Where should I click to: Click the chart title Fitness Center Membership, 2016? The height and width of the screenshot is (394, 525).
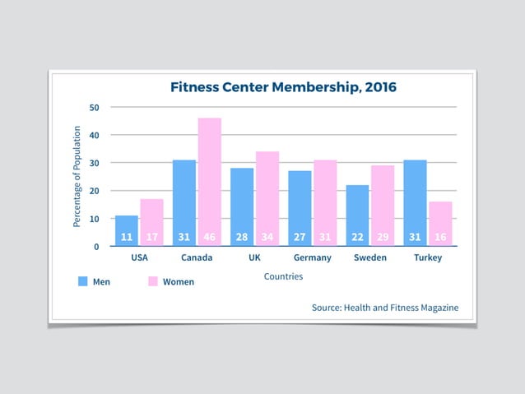(282, 86)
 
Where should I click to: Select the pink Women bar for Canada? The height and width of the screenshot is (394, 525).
(209, 181)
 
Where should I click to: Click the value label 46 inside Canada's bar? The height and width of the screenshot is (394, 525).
(209, 237)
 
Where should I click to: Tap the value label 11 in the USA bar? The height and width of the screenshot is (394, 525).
(127, 237)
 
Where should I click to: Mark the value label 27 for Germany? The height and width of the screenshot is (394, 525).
(300, 237)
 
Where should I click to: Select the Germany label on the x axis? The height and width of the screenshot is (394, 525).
(312, 257)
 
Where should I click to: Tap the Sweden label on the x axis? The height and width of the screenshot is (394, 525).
(369, 257)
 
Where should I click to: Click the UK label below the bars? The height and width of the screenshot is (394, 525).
(255, 257)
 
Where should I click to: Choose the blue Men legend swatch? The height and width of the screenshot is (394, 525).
(82, 281)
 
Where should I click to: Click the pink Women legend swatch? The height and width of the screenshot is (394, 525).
(152, 281)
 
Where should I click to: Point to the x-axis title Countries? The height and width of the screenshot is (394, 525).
(283, 276)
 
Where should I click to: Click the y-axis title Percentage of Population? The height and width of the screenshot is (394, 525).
(77, 176)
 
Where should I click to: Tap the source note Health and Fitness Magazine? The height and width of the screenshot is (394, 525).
(385, 308)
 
